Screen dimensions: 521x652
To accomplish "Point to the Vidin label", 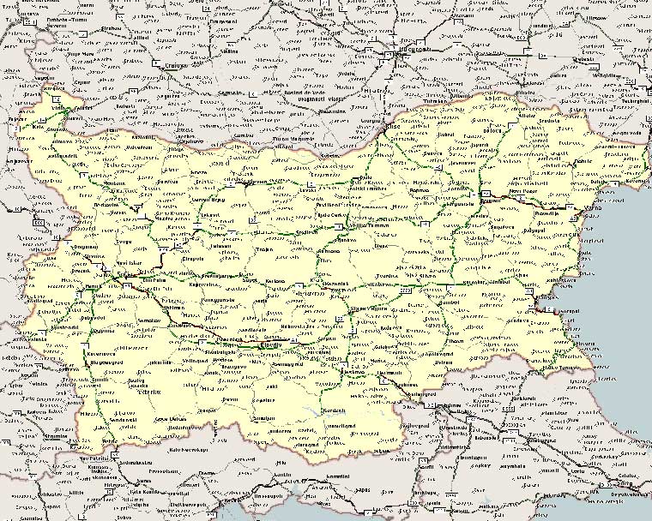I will click(60, 110).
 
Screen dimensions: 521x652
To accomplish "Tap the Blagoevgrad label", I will click(100, 362).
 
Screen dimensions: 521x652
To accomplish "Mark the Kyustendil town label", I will click(51, 329).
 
